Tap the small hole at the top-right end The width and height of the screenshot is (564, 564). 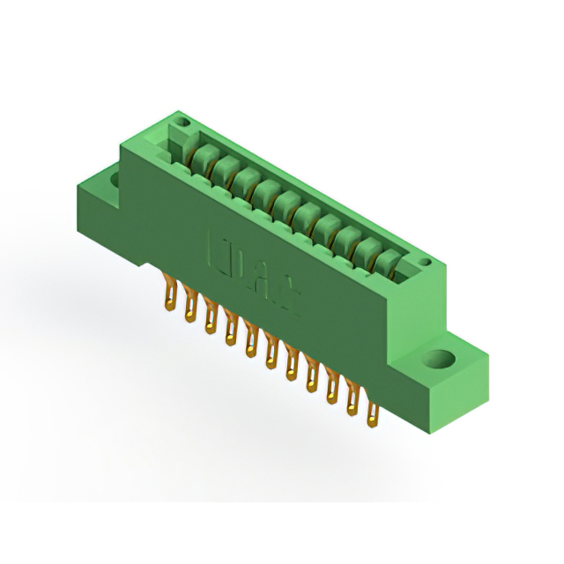pyautogui.click(x=425, y=262)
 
